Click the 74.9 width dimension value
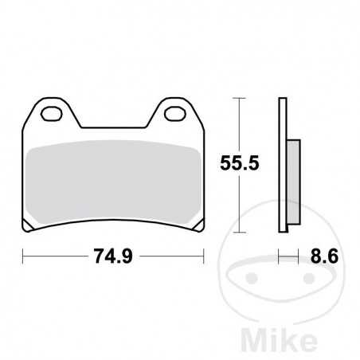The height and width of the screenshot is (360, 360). pos(113,258)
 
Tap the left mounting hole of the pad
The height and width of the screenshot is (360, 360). pos(52,112)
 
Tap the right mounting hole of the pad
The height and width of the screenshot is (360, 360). pos(174,112)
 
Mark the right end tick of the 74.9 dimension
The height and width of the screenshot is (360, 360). pos(204,257)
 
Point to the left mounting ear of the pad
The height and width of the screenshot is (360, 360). pos(53,115)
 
